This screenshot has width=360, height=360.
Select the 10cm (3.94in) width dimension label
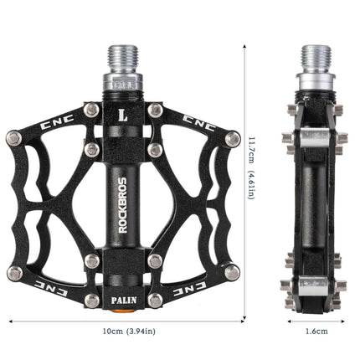[124, 331]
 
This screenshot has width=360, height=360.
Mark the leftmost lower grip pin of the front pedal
[14, 273]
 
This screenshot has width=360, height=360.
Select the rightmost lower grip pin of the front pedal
[233, 273]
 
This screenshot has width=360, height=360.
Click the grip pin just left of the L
[92, 110]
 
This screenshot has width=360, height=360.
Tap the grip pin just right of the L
[155, 110]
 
